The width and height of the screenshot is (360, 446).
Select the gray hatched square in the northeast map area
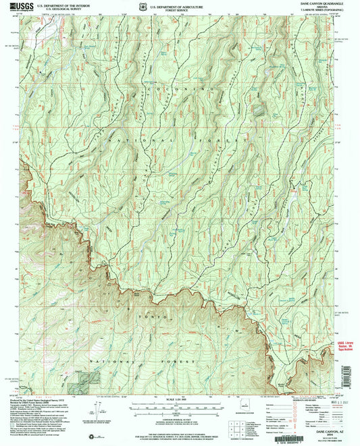pyautogui.click(x=259, y=108)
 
